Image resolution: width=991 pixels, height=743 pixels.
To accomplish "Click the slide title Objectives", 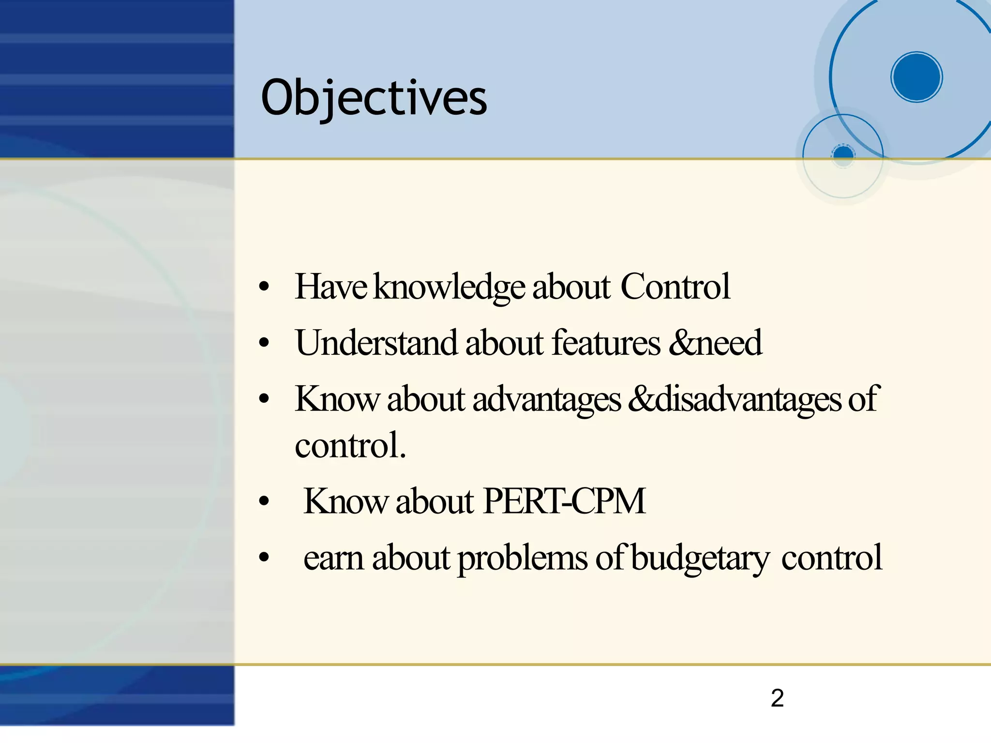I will click(374, 98).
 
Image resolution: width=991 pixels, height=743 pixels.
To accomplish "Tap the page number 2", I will click(777, 698).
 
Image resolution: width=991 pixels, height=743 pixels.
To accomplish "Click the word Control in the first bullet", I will click(675, 287).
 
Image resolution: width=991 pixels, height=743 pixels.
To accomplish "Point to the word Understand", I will click(376, 343).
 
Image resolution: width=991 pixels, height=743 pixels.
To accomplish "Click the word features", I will click(606, 343).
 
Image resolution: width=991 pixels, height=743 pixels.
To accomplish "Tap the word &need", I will click(715, 343).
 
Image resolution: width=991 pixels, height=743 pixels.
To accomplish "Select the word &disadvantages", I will click(735, 399).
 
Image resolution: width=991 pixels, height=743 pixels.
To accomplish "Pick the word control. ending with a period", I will click(350, 445).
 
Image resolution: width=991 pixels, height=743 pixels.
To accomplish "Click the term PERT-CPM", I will click(564, 501).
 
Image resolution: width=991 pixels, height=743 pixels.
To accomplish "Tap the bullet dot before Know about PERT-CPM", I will click(264, 501).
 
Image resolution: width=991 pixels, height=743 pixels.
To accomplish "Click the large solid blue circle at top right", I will click(916, 77).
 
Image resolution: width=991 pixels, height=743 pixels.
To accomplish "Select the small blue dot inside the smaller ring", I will click(843, 154).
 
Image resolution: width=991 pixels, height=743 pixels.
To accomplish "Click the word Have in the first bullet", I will click(330, 287).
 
